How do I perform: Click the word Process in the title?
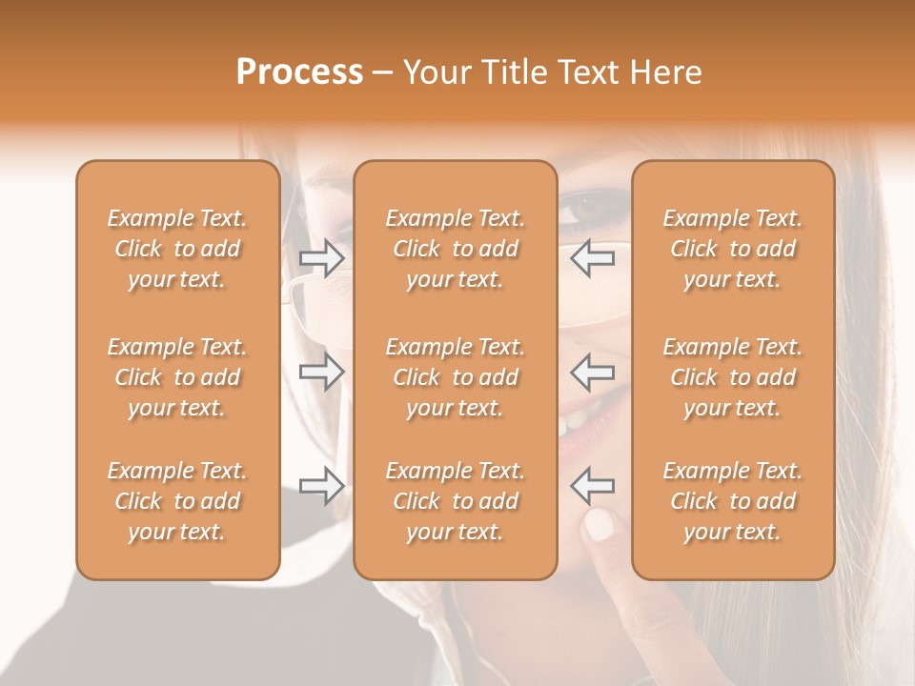click(x=299, y=72)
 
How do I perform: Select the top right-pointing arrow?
click(x=321, y=257)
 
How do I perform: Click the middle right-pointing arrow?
click(x=321, y=371)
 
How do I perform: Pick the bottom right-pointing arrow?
click(x=321, y=486)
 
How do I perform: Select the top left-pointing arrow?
click(x=593, y=257)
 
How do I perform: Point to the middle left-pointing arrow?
click(x=593, y=371)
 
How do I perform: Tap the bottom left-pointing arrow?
click(x=593, y=486)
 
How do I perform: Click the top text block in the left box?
click(x=177, y=249)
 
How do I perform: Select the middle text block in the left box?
click(x=177, y=377)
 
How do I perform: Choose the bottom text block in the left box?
click(x=177, y=501)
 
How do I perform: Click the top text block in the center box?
click(x=455, y=249)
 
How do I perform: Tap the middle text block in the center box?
click(x=455, y=377)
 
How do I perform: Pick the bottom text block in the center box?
click(x=455, y=501)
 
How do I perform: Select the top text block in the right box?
click(x=732, y=249)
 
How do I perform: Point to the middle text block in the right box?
click(x=732, y=377)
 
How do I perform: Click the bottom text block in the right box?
click(x=732, y=501)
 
